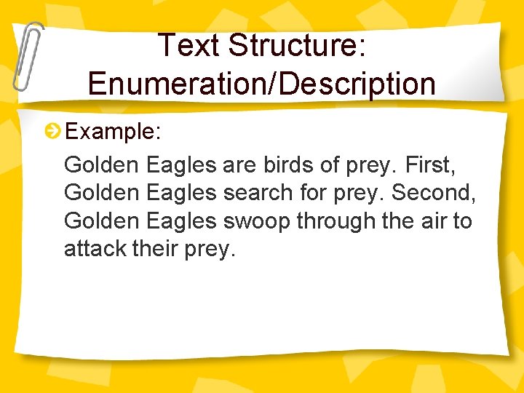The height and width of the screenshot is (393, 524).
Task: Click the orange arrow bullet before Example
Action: tap(52, 131)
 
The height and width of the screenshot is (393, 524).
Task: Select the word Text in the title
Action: tap(189, 45)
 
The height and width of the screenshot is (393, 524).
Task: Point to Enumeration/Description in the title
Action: tap(262, 83)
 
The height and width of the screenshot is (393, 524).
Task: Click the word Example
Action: tap(109, 131)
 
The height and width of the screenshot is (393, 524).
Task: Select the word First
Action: tap(431, 164)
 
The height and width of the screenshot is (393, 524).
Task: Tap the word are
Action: tap(239, 164)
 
